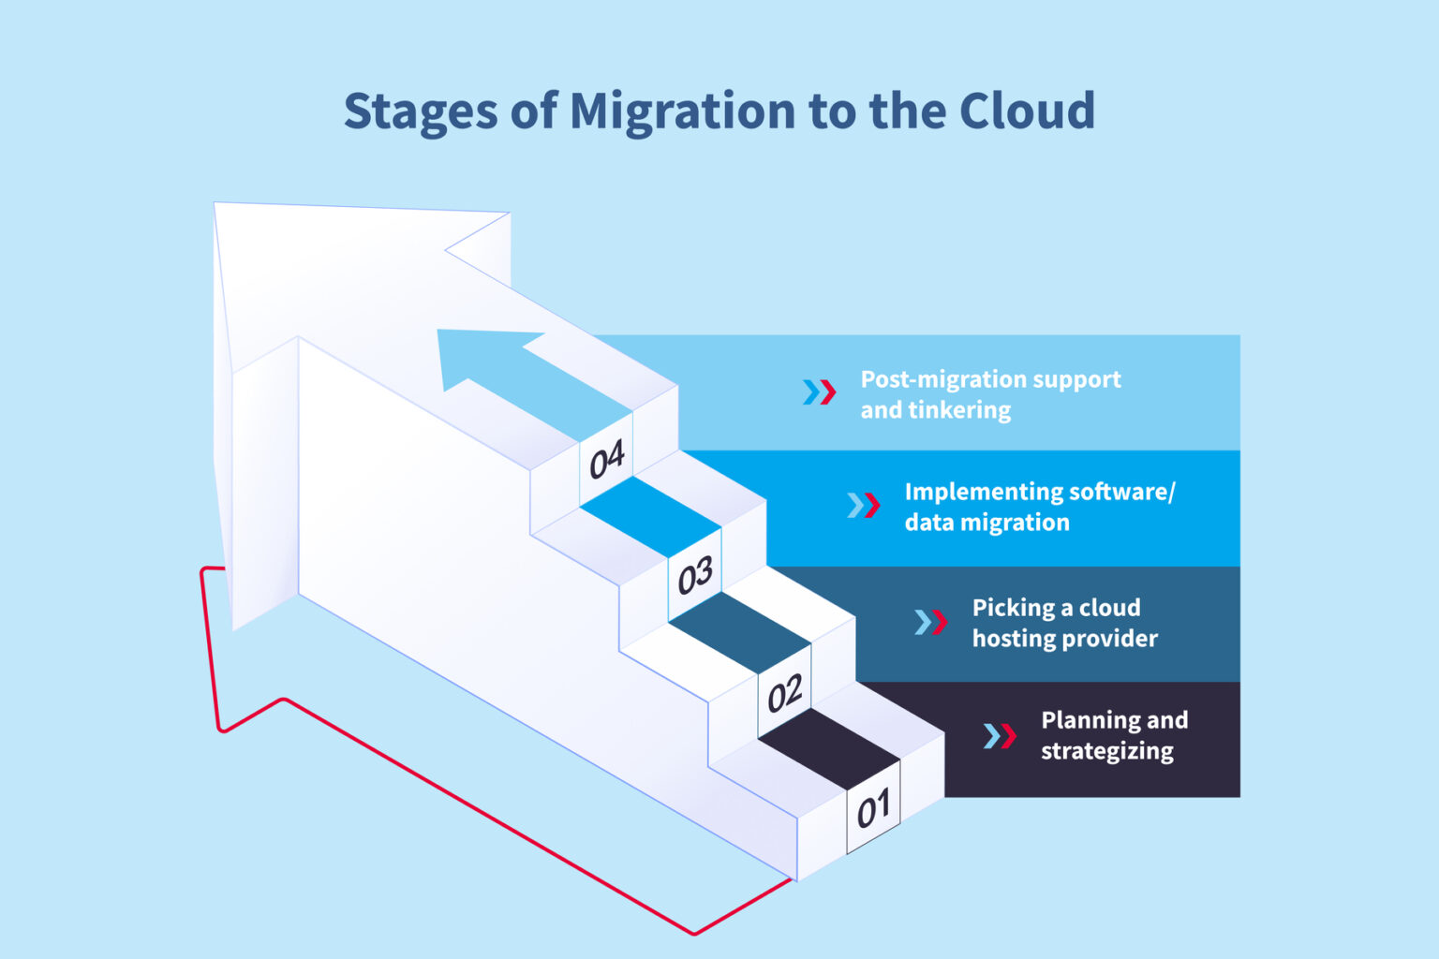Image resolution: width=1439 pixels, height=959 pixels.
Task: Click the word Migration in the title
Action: (683, 111)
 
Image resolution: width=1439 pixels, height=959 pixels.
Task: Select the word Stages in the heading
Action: (421, 111)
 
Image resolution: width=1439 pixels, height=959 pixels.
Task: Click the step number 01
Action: (873, 808)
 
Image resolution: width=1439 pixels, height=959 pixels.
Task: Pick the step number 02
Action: (784, 694)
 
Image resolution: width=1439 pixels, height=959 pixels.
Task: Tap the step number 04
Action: (606, 460)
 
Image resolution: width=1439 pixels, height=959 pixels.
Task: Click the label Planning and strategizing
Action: (1113, 735)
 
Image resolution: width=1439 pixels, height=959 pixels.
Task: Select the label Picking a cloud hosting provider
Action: (1064, 623)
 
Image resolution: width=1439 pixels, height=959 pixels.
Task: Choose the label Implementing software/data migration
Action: (1038, 507)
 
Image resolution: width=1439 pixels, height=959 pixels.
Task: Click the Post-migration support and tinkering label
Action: (990, 394)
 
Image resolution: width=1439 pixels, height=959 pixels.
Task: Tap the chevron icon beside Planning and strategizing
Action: (1000, 736)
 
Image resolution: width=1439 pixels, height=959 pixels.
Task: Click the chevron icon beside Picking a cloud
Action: (930, 623)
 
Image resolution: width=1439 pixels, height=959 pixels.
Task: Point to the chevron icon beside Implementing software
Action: (863, 506)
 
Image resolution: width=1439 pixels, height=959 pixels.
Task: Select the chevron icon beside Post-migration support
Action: (819, 392)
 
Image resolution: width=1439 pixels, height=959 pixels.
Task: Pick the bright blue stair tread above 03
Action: (650, 516)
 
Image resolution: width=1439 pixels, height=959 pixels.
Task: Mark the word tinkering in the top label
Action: (965, 410)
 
